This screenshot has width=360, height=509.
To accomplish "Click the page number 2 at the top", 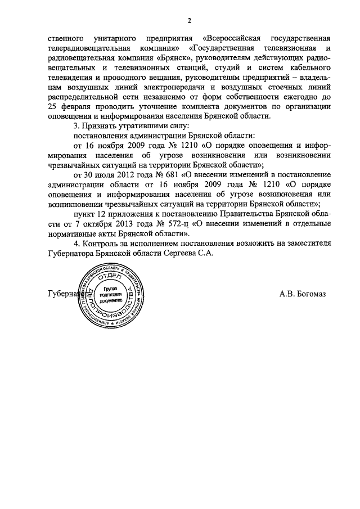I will (190, 21).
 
